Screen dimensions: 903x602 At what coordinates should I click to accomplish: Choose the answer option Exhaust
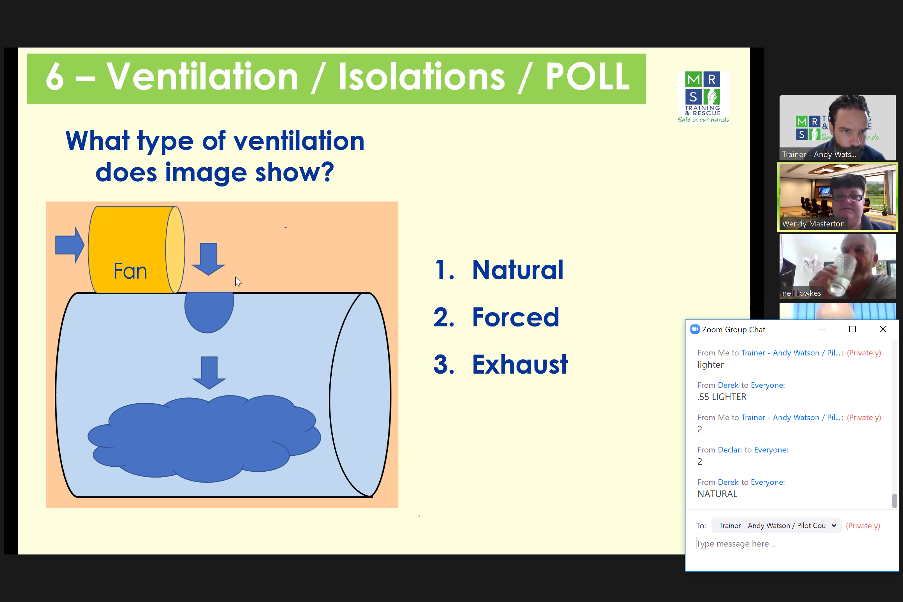coord(519,364)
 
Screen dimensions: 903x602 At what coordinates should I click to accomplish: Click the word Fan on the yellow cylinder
coord(130,271)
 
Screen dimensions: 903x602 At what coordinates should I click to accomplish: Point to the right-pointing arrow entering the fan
coord(70,245)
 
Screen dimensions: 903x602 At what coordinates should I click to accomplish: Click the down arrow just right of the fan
coord(209,259)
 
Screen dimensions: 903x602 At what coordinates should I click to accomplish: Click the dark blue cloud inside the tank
coord(204,438)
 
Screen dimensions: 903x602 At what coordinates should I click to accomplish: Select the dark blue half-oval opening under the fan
coord(209,312)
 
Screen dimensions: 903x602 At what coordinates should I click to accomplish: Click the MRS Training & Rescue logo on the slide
coord(703,97)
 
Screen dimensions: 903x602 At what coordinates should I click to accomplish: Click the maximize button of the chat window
coord(852,329)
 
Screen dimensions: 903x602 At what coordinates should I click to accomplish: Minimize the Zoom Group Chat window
coord(822,329)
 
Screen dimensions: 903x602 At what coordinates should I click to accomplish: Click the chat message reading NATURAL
coord(717,494)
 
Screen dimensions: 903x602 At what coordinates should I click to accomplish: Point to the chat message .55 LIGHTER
coord(722,397)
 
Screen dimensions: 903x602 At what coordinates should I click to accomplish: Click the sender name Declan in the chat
coord(730,450)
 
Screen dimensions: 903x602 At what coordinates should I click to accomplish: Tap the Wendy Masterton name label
coord(813,223)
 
